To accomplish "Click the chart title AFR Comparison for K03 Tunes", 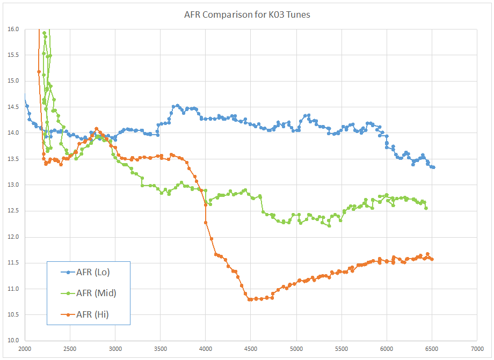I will click(247, 14).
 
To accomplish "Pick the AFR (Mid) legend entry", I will click(96, 293).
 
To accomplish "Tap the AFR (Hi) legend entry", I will click(92, 314).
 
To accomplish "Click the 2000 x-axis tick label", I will click(25, 349).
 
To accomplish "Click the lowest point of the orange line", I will click(250, 299).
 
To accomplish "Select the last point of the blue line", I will click(433, 167).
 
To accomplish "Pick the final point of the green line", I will click(426, 208).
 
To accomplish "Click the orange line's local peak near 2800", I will click(97, 129).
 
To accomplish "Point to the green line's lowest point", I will click(329, 226).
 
